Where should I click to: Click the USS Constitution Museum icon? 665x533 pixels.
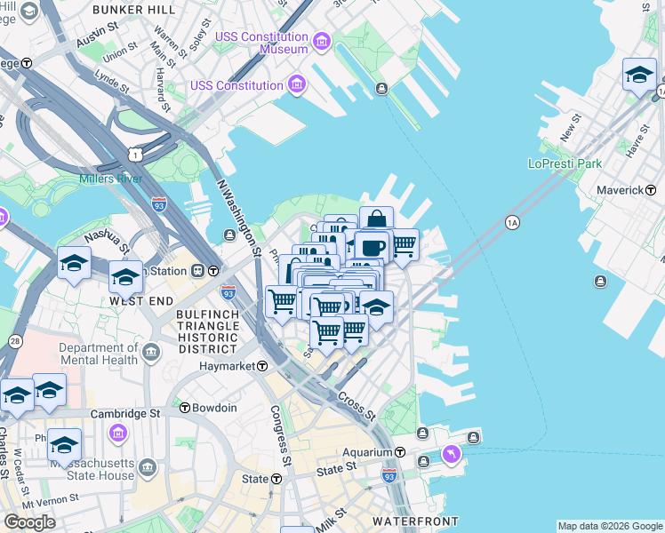pos(321,42)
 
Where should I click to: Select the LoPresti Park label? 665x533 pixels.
pos(565,163)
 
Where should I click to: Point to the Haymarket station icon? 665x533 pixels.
pos(262,366)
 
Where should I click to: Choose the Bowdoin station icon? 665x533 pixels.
pos(184,408)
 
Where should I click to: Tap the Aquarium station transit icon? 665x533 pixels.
pos(401,452)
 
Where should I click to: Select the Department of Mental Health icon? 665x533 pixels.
pos(151,354)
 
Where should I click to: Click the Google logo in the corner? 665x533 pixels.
pos(29,522)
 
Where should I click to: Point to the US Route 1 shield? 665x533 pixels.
pos(132,155)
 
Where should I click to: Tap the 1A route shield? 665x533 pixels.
pos(512,222)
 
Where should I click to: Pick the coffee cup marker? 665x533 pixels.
pos(373,246)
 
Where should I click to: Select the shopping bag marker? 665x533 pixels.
pos(376,219)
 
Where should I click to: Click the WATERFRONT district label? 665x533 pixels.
pos(415,521)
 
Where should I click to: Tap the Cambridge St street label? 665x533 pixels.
pos(129,413)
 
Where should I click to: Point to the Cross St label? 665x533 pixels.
pos(357,405)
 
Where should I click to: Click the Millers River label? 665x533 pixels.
pos(111,179)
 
